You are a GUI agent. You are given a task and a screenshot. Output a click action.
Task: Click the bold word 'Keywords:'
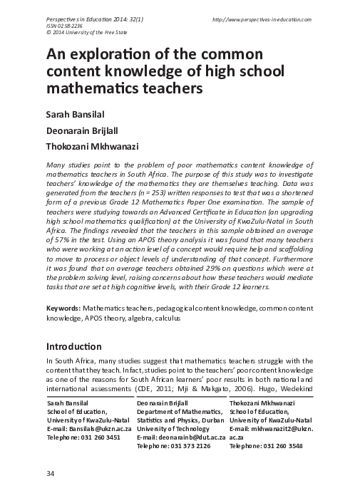(x=63, y=308)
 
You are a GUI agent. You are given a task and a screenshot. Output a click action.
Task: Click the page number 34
(x=50, y=474)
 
